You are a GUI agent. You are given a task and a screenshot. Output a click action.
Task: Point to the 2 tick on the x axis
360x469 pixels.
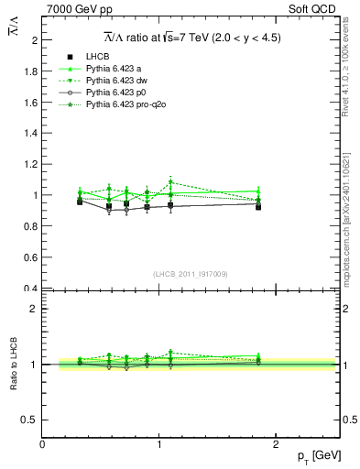[278, 443]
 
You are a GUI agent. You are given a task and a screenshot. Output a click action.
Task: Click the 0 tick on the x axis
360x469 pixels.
[42, 443]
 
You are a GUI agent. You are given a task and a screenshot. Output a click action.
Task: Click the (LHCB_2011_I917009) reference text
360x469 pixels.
[191, 273]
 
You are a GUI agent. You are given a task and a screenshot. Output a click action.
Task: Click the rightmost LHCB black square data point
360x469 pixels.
[259, 207]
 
